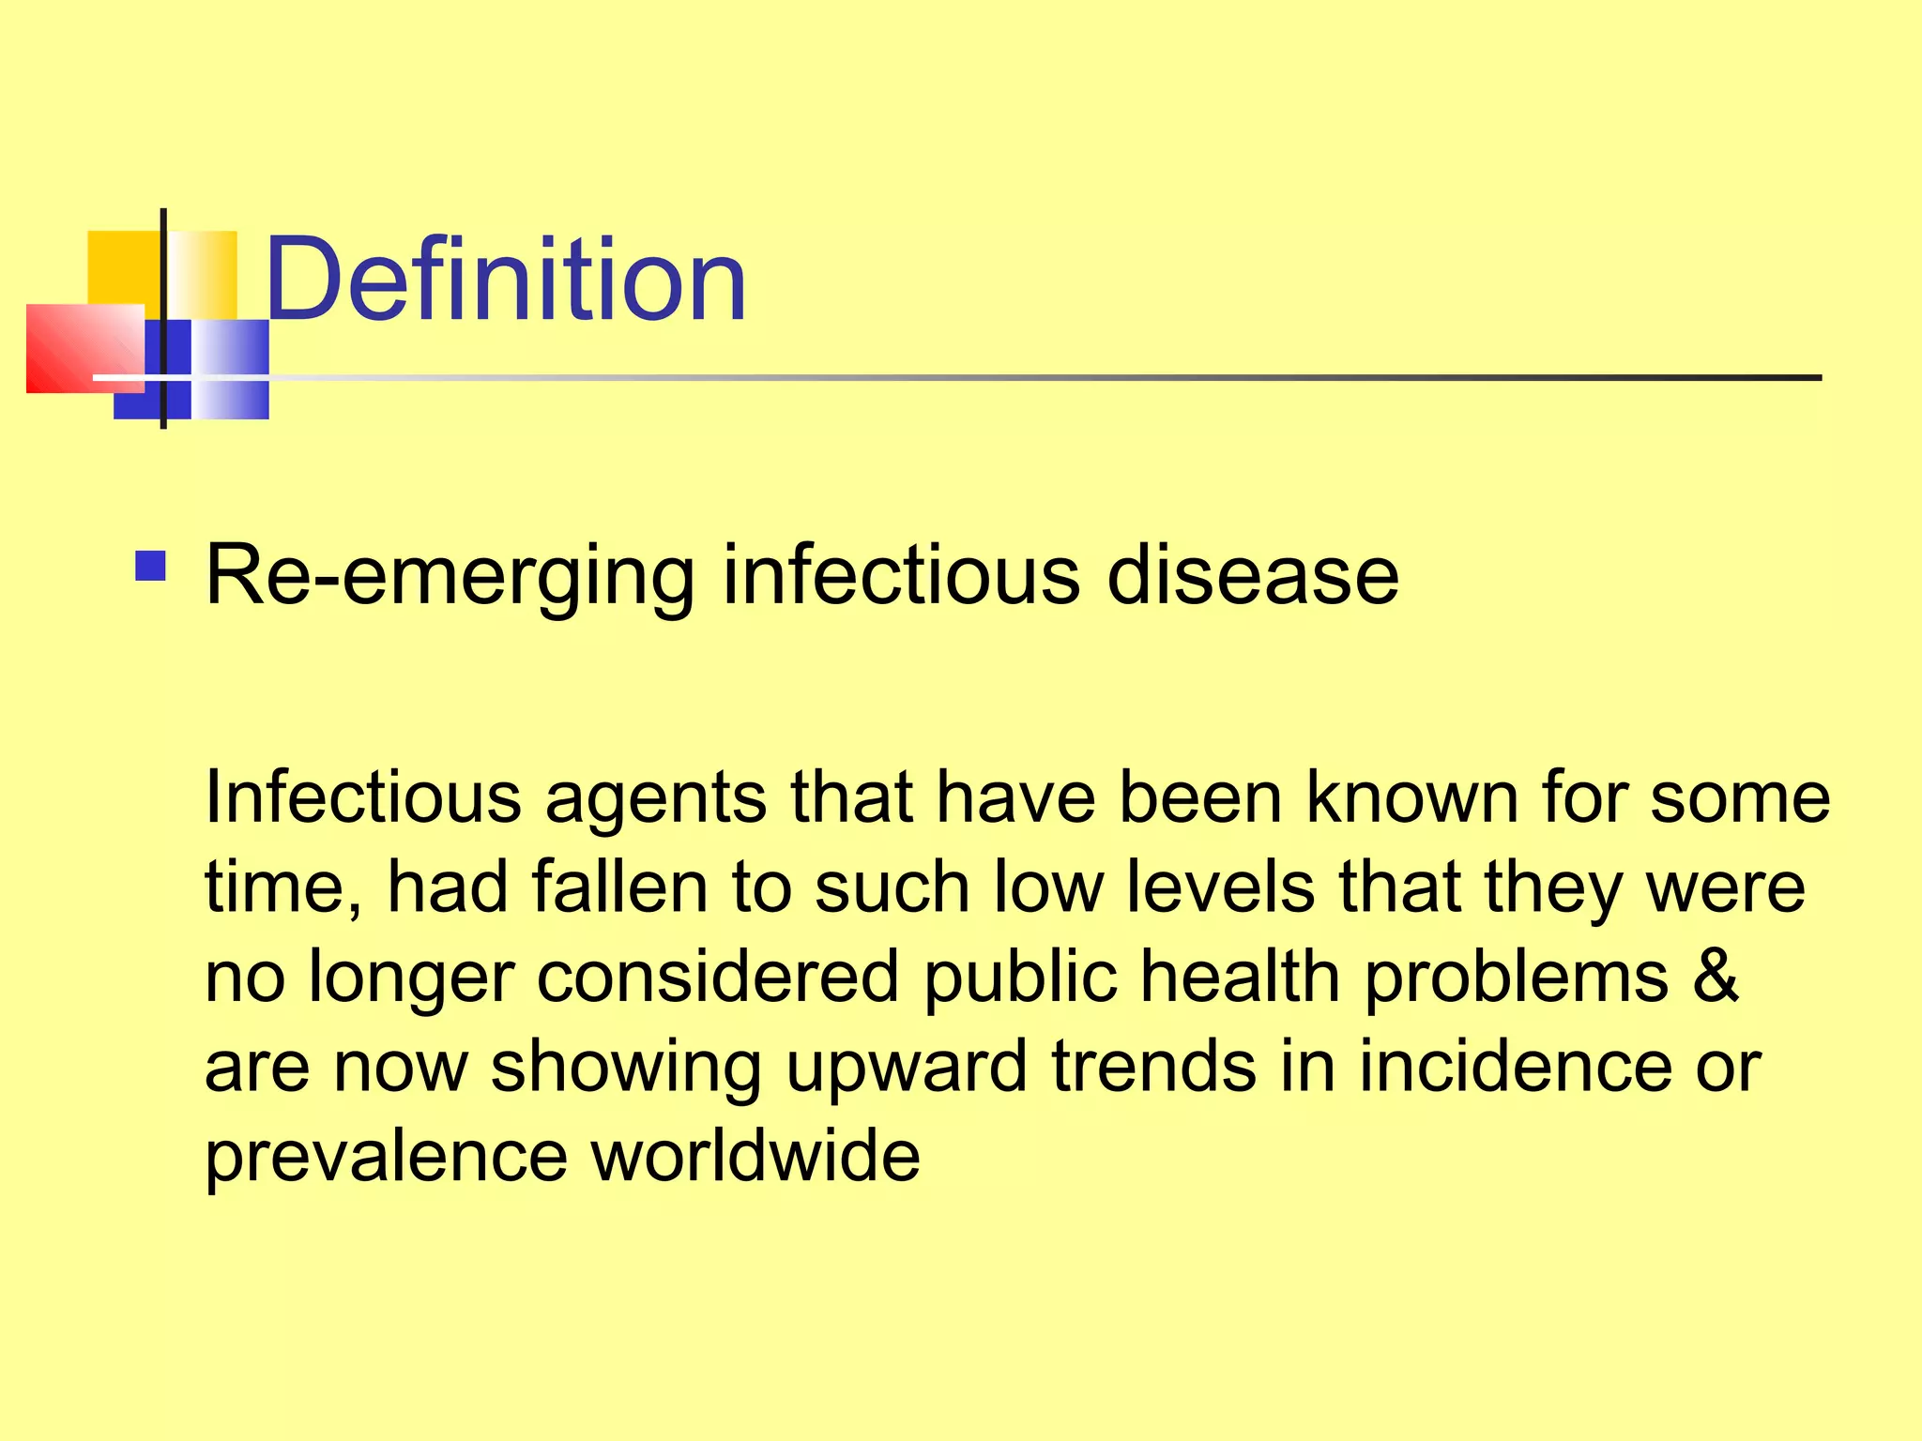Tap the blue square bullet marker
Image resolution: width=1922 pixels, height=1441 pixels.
coord(150,567)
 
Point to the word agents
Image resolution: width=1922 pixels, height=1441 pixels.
coord(655,799)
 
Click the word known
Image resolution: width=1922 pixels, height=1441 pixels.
coord(1412,797)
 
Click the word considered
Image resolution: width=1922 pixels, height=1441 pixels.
coord(718,977)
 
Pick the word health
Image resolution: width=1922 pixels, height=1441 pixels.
coord(1239,977)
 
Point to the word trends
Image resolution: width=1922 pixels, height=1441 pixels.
coord(1153,1066)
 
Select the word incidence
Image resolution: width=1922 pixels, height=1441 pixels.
coord(1515,1066)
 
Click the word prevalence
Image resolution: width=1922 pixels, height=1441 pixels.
coord(386,1158)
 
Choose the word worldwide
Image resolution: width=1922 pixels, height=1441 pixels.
coord(755,1156)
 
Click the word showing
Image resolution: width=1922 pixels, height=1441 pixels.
coord(626,1068)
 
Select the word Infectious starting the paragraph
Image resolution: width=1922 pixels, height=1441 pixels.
coord(362,797)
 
